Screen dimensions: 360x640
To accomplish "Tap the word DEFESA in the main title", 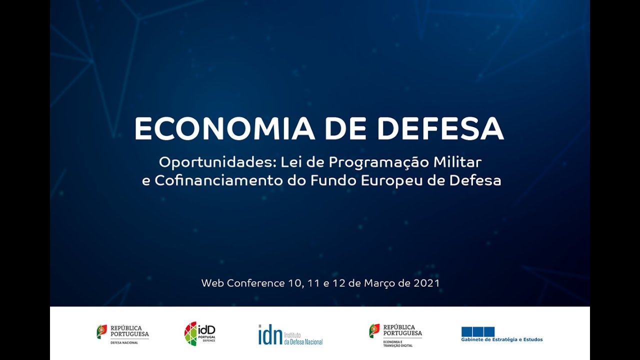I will [x=440, y=128].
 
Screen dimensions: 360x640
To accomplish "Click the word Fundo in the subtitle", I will [x=333, y=180].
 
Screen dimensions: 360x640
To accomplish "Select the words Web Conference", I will [x=242, y=283].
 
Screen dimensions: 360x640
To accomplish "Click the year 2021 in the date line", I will [x=426, y=283].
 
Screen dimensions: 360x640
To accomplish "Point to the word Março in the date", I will [x=379, y=283].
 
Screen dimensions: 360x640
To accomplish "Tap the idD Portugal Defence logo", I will [x=200, y=333].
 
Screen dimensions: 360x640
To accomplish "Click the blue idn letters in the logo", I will [x=270, y=334].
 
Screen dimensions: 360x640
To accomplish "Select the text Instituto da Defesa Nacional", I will [x=303, y=337].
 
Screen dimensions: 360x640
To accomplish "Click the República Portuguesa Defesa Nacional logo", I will [x=122, y=333].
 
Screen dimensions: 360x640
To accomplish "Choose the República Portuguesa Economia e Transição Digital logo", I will [x=395, y=334].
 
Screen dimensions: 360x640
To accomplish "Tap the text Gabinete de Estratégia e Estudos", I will [x=501, y=340].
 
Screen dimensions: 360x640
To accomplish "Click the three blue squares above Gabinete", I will [x=477, y=331].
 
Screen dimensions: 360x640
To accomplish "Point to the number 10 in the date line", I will [x=294, y=283].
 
